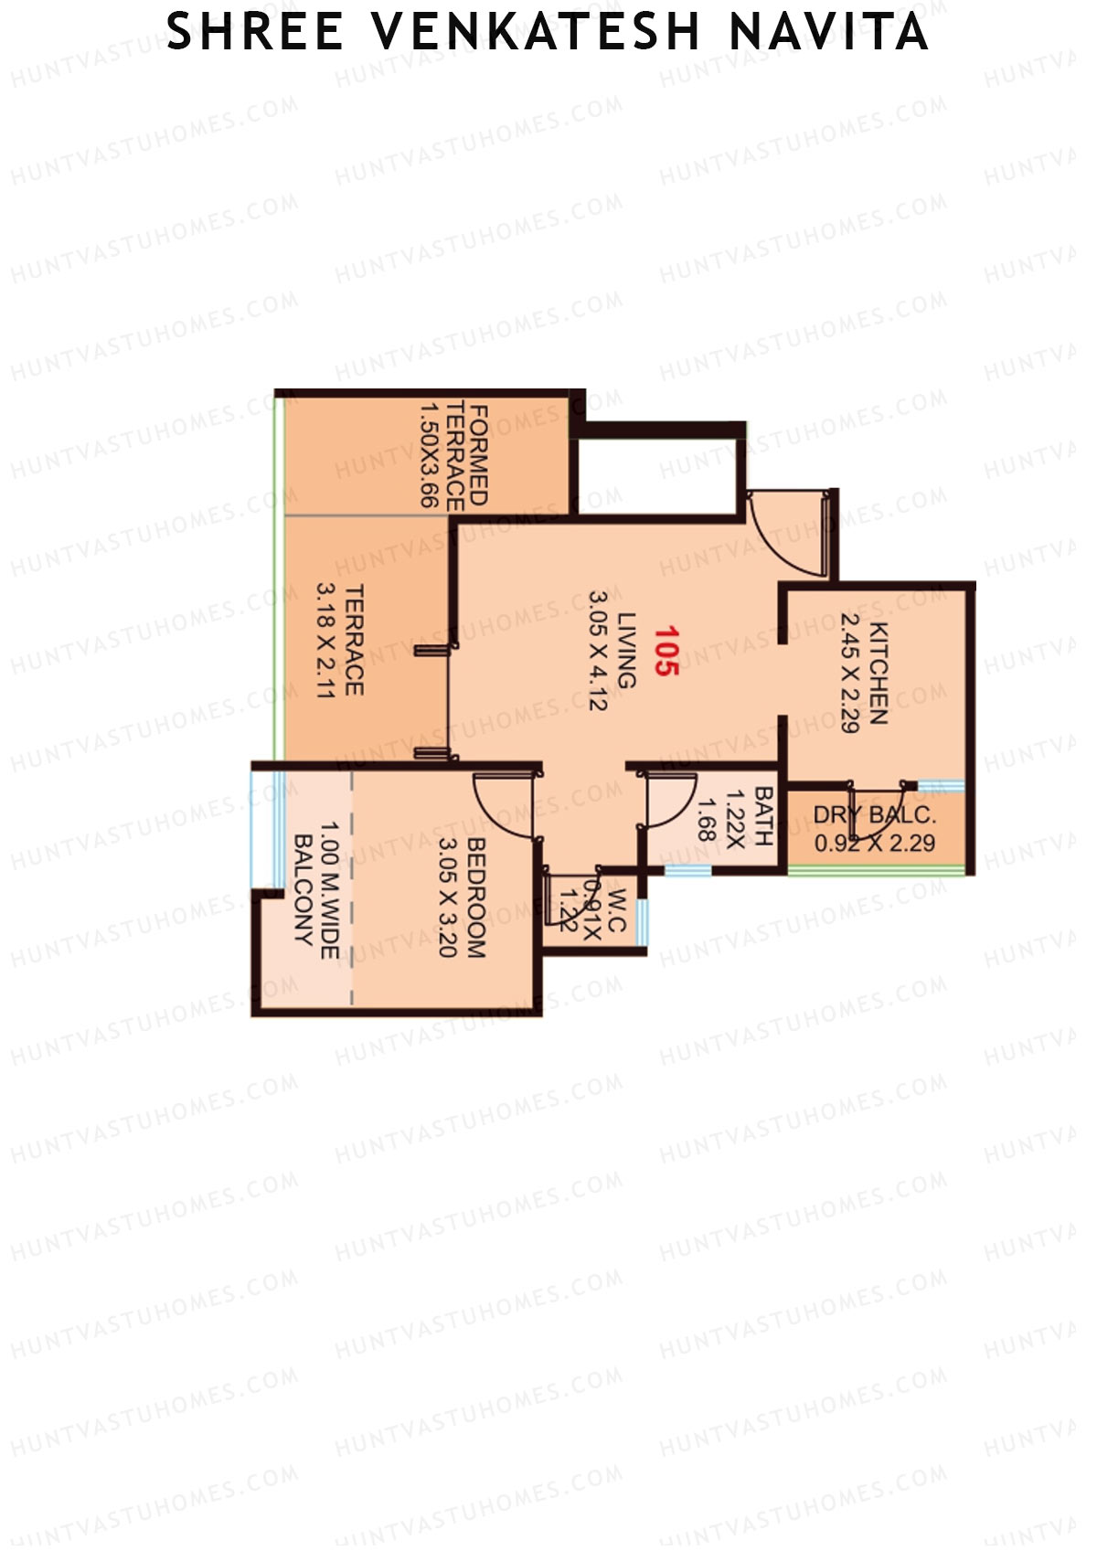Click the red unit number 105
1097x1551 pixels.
pos(666,650)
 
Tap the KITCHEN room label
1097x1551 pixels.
pos(879,673)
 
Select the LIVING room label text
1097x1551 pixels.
pos(627,650)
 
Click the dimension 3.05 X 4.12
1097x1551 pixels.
pos(598,650)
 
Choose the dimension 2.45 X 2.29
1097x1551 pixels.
pos(849,673)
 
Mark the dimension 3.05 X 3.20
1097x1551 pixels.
pos(447,898)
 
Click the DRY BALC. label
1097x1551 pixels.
pos(874,814)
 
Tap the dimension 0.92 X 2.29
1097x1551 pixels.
pos(874,843)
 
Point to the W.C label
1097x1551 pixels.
pos(615,910)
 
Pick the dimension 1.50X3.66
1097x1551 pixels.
pos(428,454)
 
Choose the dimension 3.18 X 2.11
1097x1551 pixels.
pos(325,640)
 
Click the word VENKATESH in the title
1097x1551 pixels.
pos(536,33)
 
